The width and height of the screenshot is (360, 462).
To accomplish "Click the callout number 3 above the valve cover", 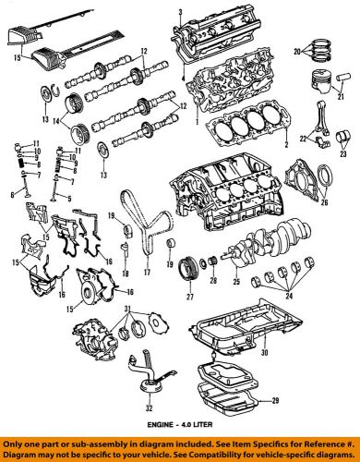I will pyautogui.click(x=180, y=10).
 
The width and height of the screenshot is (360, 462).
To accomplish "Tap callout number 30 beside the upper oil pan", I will pyautogui.click(x=263, y=351).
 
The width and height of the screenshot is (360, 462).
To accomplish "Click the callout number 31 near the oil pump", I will pyautogui.click(x=129, y=308).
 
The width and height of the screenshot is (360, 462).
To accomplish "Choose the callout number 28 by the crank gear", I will pyautogui.click(x=213, y=279).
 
